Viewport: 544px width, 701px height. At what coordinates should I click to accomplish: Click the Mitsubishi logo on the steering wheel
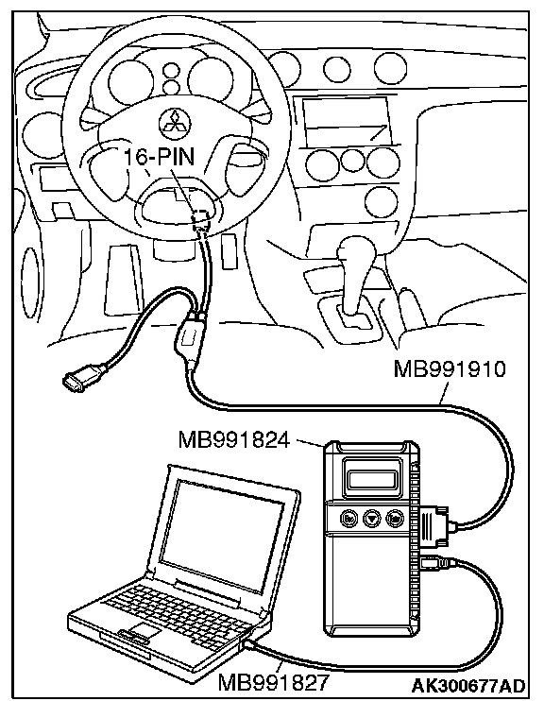[x=175, y=121]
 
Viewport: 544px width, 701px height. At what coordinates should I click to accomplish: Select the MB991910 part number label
[x=450, y=369]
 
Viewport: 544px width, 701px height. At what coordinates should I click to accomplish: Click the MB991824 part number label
[x=234, y=439]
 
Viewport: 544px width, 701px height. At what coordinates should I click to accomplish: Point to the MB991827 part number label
[x=273, y=682]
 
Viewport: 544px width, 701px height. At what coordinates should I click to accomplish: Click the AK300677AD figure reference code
[x=468, y=685]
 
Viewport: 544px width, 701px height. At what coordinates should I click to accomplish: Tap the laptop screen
[x=222, y=531]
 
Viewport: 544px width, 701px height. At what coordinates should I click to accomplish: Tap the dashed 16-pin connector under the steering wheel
[x=200, y=218]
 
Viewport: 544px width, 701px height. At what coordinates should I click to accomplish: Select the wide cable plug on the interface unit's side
[x=434, y=525]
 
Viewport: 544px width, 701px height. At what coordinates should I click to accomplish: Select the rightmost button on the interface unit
[x=395, y=519]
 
